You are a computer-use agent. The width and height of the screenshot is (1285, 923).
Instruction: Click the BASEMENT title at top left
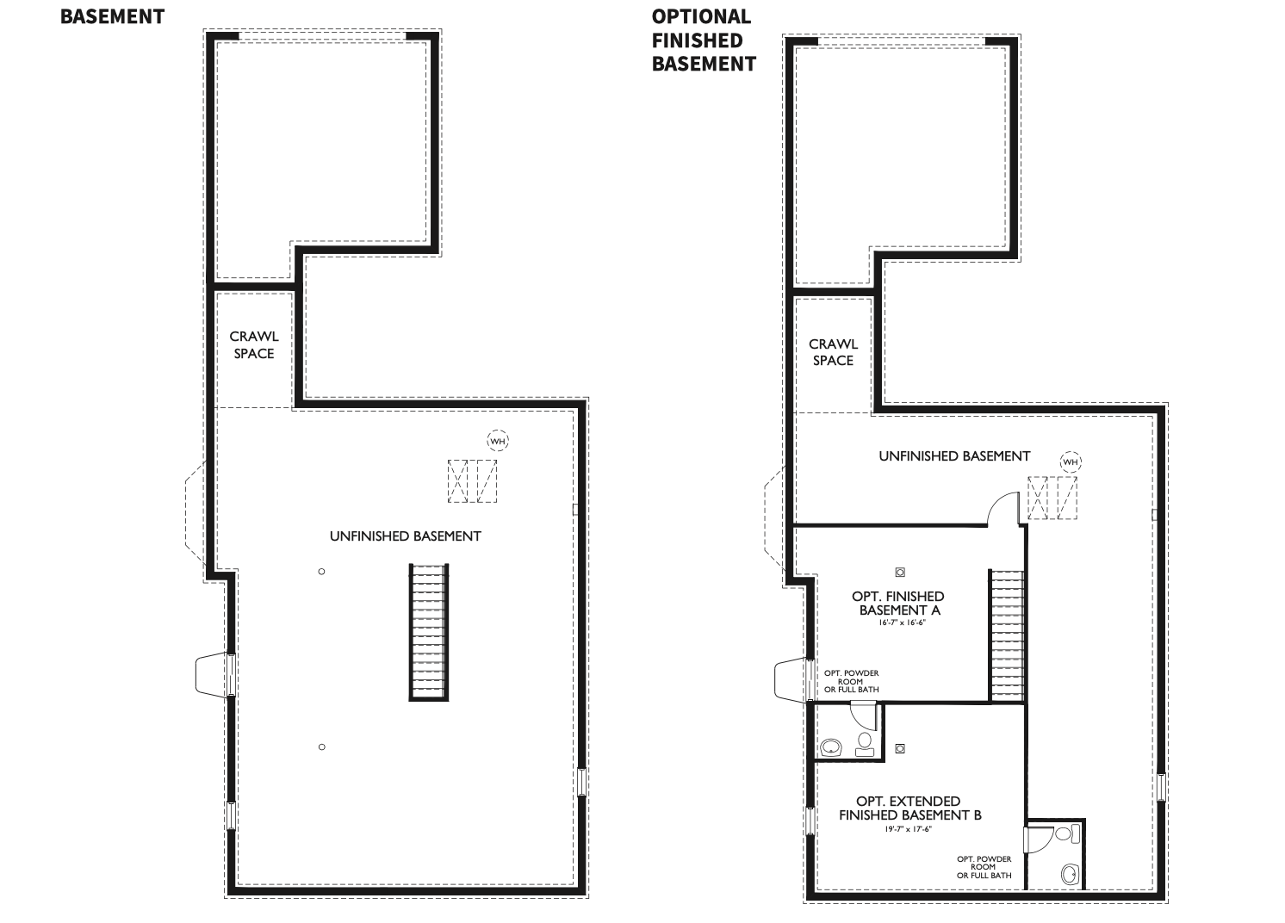pos(112,16)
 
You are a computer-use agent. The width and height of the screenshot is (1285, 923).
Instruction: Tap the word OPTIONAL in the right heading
pos(701,16)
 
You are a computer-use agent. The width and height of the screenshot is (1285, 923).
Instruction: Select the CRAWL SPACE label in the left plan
pos(254,345)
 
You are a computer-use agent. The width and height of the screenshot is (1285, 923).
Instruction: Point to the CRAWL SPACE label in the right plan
pos(833,352)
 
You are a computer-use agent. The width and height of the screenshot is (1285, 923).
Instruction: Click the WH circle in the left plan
pos(498,441)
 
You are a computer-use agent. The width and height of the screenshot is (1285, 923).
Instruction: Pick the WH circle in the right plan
pos(1070,462)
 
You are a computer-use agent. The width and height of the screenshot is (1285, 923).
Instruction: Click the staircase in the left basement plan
pos(429,632)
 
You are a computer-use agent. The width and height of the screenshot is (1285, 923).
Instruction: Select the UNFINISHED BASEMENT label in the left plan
pos(405,536)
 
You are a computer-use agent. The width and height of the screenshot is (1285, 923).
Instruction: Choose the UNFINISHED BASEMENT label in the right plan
pos(954,455)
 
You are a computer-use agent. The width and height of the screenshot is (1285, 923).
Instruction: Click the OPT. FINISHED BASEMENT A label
pos(898,603)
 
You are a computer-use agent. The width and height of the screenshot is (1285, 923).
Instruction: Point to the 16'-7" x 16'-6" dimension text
pos(898,622)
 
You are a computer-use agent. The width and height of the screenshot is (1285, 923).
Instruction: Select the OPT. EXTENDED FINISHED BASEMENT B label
pos(909,808)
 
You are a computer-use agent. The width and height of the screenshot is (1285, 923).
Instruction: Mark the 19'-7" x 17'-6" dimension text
pos(909,829)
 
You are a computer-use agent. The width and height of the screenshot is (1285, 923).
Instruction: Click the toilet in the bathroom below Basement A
pos(865,744)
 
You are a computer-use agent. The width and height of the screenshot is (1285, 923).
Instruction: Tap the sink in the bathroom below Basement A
pos(831,746)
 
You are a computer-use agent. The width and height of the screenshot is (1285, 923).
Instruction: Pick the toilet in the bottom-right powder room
pos(1064,833)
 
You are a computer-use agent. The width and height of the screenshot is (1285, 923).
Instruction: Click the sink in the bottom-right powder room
pos(1070,874)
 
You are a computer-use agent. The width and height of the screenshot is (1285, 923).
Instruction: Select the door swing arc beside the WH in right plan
pos(1002,507)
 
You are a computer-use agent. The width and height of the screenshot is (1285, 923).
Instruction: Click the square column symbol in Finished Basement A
pos(900,572)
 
